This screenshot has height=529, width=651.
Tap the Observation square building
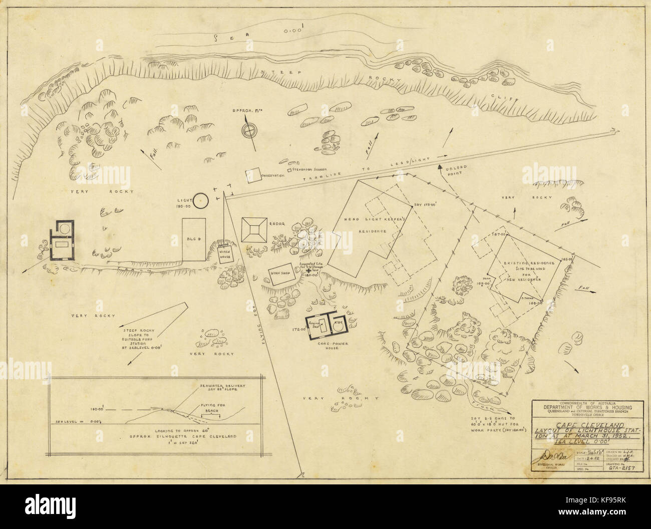pos(253,174)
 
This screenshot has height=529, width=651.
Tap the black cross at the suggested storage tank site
pos(307,270)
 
